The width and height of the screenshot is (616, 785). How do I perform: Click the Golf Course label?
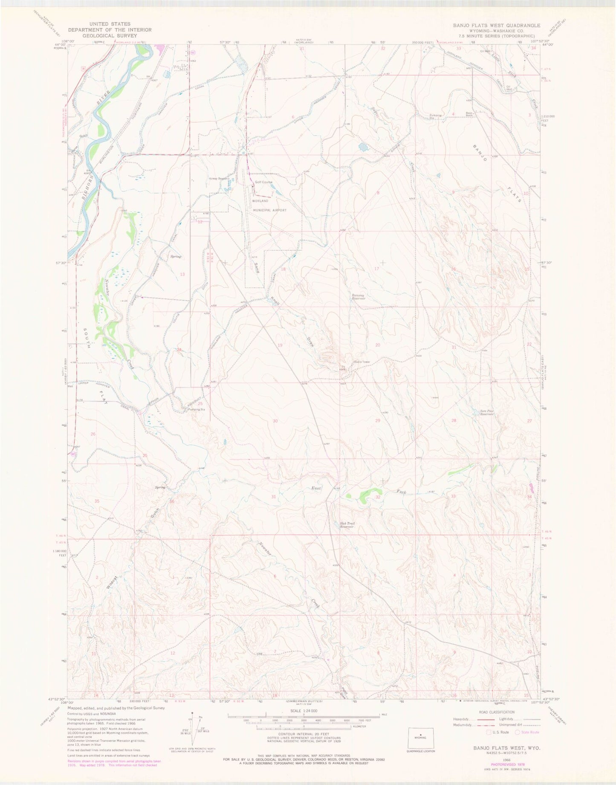[x=263, y=182]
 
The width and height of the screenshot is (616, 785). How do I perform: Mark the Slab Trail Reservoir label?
[x=347, y=525]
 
